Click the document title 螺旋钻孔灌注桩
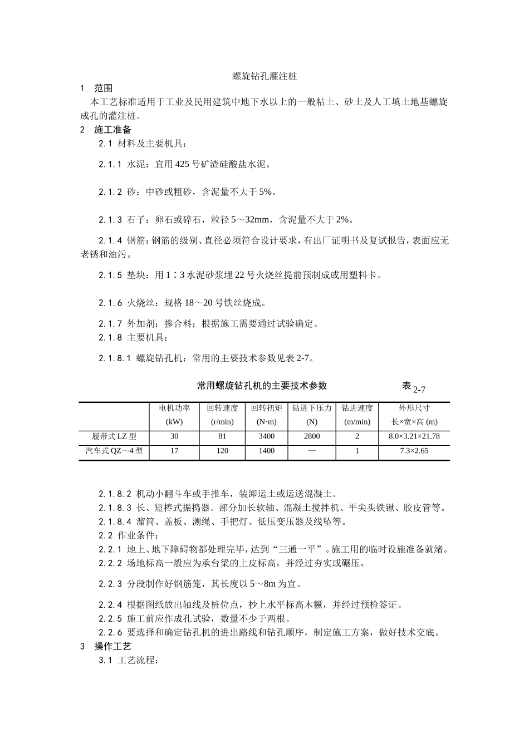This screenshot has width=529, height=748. click(x=264, y=76)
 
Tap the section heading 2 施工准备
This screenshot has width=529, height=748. click(x=106, y=130)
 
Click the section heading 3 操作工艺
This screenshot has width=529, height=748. click(x=106, y=646)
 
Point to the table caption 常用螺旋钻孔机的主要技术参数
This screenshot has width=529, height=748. click(x=262, y=385)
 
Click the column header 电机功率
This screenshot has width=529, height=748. click(x=174, y=408)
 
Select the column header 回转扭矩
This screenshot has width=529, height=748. click(x=266, y=408)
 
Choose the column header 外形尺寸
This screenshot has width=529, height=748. click(x=414, y=408)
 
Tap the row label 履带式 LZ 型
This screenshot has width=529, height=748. click(x=114, y=436)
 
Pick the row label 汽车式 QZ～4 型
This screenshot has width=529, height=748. click(x=114, y=451)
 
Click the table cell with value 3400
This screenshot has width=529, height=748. click(x=266, y=436)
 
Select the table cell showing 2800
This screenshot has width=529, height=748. click(x=312, y=436)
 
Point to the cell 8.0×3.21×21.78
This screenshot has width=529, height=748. click(x=414, y=436)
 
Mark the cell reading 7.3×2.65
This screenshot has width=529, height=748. click(x=414, y=451)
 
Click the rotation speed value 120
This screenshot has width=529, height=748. click(x=222, y=451)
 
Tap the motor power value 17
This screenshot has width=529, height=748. click(x=174, y=451)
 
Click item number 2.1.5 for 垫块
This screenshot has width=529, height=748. click(x=110, y=275)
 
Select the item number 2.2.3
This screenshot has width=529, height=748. click(x=110, y=584)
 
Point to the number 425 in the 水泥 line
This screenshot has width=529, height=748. click(x=182, y=164)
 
